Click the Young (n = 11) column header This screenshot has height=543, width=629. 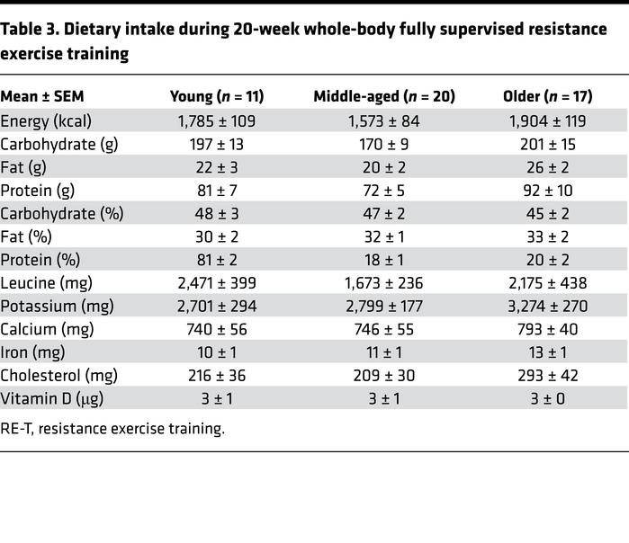point(217,96)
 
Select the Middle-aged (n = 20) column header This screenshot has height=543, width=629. point(384,96)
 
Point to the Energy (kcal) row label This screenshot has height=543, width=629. point(46,120)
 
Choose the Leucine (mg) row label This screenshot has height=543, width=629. point(45,283)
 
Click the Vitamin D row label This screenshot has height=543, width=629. point(46,399)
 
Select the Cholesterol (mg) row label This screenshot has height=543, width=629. point(58,376)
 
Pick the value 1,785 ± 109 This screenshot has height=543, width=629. point(217,120)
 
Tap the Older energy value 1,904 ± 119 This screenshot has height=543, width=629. point(548,120)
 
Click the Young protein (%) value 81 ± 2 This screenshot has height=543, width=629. point(217,260)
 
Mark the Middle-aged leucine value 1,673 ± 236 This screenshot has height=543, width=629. point(384,283)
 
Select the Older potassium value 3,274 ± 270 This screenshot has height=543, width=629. point(548,307)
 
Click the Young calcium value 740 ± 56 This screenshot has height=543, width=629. point(217,330)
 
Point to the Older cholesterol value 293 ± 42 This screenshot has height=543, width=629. point(548,376)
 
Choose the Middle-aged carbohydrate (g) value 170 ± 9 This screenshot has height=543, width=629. point(384,144)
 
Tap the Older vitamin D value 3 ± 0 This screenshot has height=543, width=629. point(548,399)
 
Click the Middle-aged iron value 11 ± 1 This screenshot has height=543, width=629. point(384,352)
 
